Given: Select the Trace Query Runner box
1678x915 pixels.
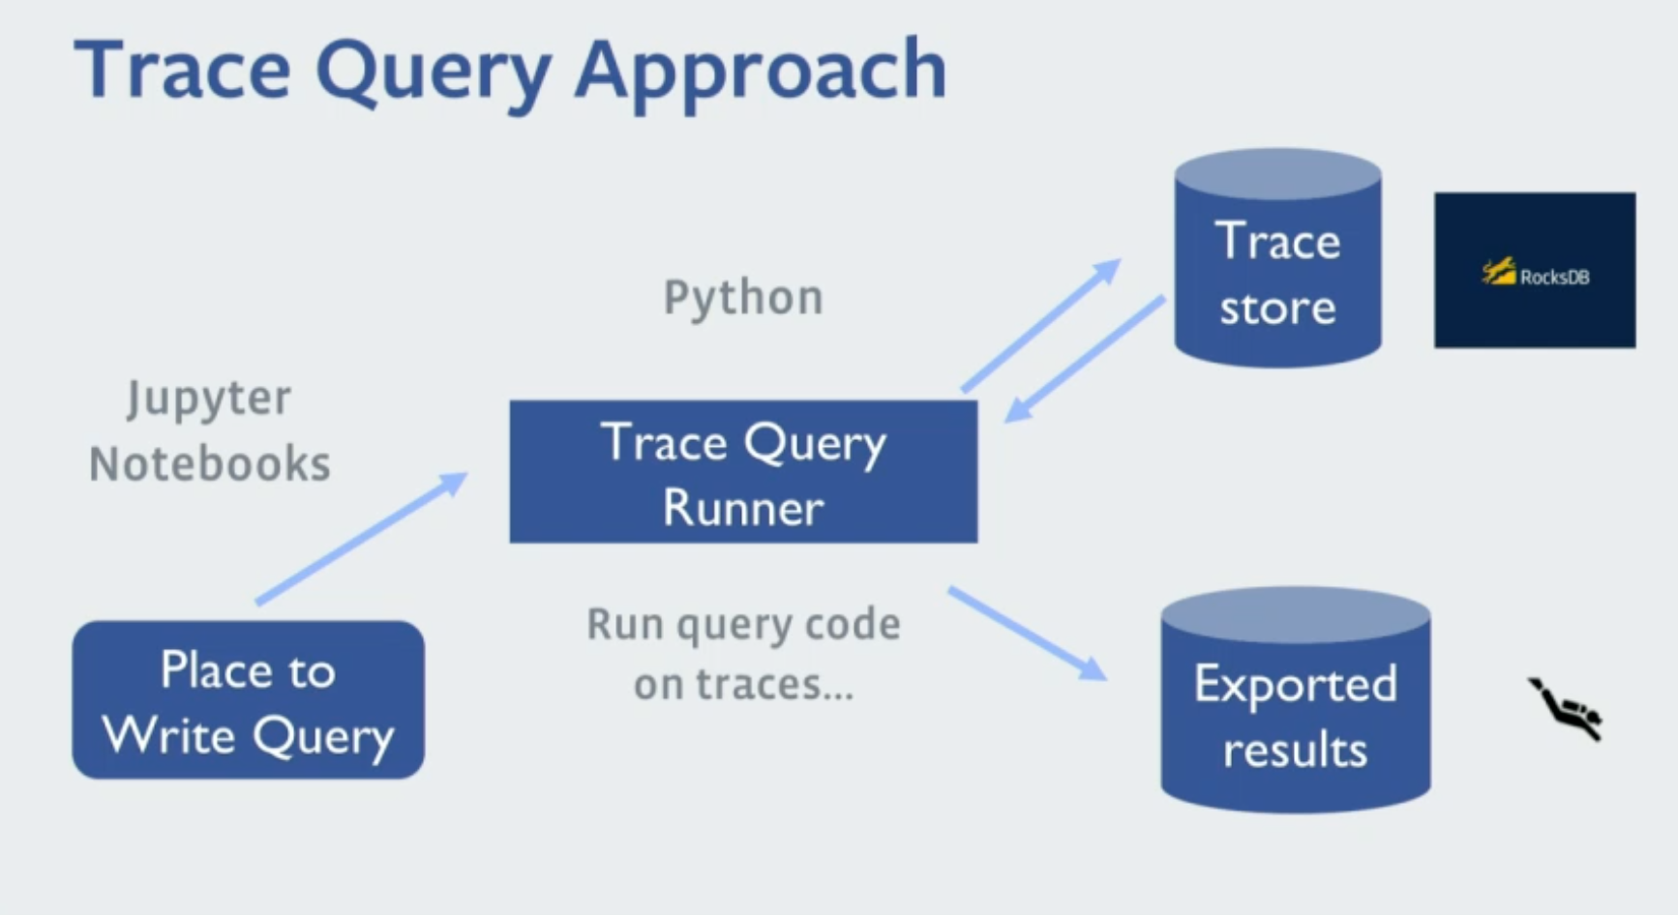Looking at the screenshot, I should point(743,472).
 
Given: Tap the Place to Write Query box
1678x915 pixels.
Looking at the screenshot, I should point(248,700).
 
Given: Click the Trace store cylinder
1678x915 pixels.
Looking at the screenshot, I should point(1277,259).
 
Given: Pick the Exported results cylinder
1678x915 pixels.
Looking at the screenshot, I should point(1295,701).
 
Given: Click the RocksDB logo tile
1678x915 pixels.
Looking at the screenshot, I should point(1535,271).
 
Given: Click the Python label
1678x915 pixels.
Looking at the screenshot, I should point(743,298).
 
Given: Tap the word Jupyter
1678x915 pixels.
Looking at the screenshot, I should point(208,398).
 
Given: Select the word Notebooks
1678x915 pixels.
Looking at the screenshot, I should point(210,464).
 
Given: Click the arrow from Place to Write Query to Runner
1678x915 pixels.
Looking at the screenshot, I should point(361,538).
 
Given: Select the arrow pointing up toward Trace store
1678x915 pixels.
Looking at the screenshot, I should point(1041,324).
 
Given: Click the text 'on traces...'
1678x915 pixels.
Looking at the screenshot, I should point(743,685).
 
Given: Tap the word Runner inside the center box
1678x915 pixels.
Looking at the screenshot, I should point(743,508).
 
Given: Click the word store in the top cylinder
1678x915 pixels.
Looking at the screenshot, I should point(1277,308).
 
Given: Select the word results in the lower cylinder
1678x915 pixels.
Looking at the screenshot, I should point(1295,751).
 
